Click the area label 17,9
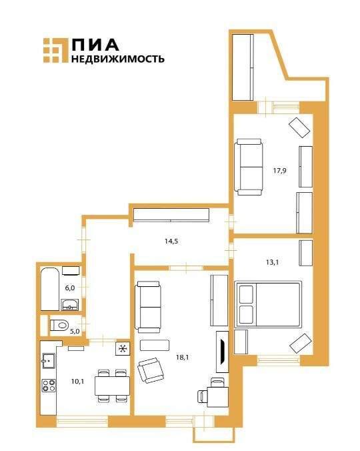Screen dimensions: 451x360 point(279,170)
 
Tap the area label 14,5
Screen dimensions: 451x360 point(171,241)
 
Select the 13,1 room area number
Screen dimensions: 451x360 point(272,262)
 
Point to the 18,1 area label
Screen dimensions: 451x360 point(183,358)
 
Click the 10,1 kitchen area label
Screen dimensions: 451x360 point(77,382)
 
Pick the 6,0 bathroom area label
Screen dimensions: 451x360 point(70,288)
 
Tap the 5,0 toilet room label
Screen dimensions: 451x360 point(75,330)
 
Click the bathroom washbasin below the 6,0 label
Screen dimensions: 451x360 point(70,306)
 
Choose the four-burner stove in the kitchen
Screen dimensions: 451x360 point(49,385)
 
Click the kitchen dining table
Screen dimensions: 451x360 point(111,385)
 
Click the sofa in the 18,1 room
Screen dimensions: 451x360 point(148,306)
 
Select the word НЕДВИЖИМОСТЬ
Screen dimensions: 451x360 point(117,59)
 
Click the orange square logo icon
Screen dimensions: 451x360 point(55,51)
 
